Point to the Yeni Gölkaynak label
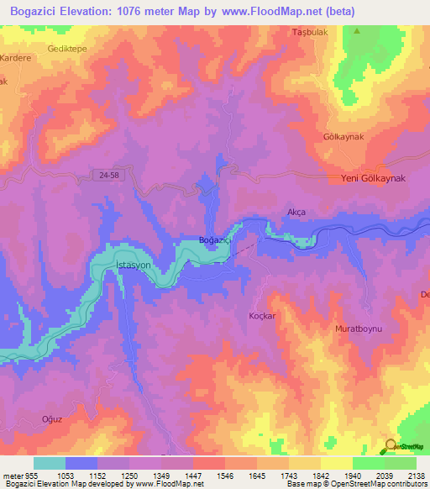[373, 179]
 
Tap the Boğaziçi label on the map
[214, 240]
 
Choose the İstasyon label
[131, 265]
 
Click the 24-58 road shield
[105, 174]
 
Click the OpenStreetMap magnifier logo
[390, 446]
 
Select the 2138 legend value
[415, 475]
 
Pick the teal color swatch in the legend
[50, 463]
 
